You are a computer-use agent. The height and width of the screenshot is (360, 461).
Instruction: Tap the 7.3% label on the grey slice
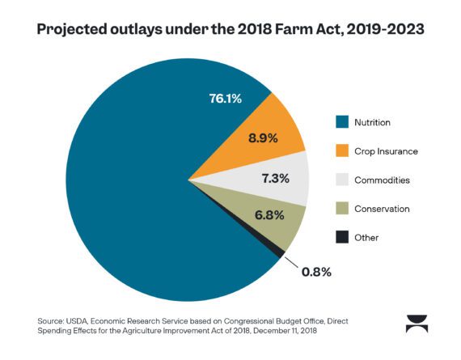click(275, 178)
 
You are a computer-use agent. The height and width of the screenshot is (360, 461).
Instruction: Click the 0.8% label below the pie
click(315, 271)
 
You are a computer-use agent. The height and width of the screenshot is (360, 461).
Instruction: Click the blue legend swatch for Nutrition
click(341, 123)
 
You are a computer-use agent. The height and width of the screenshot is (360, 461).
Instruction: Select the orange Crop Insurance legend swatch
click(341, 151)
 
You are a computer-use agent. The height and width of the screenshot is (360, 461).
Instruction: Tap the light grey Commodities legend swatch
click(341, 180)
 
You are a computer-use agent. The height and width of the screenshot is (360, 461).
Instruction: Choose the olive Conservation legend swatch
click(341, 209)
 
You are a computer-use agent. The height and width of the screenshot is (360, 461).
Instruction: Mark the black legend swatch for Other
click(341, 237)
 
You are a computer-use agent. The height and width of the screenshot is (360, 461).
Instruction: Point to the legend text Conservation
click(382, 209)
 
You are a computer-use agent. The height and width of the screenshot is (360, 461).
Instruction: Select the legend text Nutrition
click(372, 123)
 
